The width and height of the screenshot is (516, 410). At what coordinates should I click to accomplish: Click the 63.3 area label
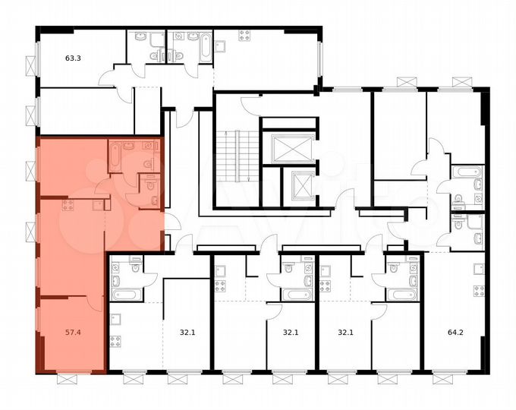(73, 55)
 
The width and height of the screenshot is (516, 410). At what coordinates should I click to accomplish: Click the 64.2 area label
(451, 331)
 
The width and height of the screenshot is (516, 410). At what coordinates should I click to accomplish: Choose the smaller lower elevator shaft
(297, 184)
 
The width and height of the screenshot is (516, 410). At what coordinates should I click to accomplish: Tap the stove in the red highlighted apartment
(68, 203)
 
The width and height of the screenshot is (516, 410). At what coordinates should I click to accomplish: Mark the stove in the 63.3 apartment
(244, 35)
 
